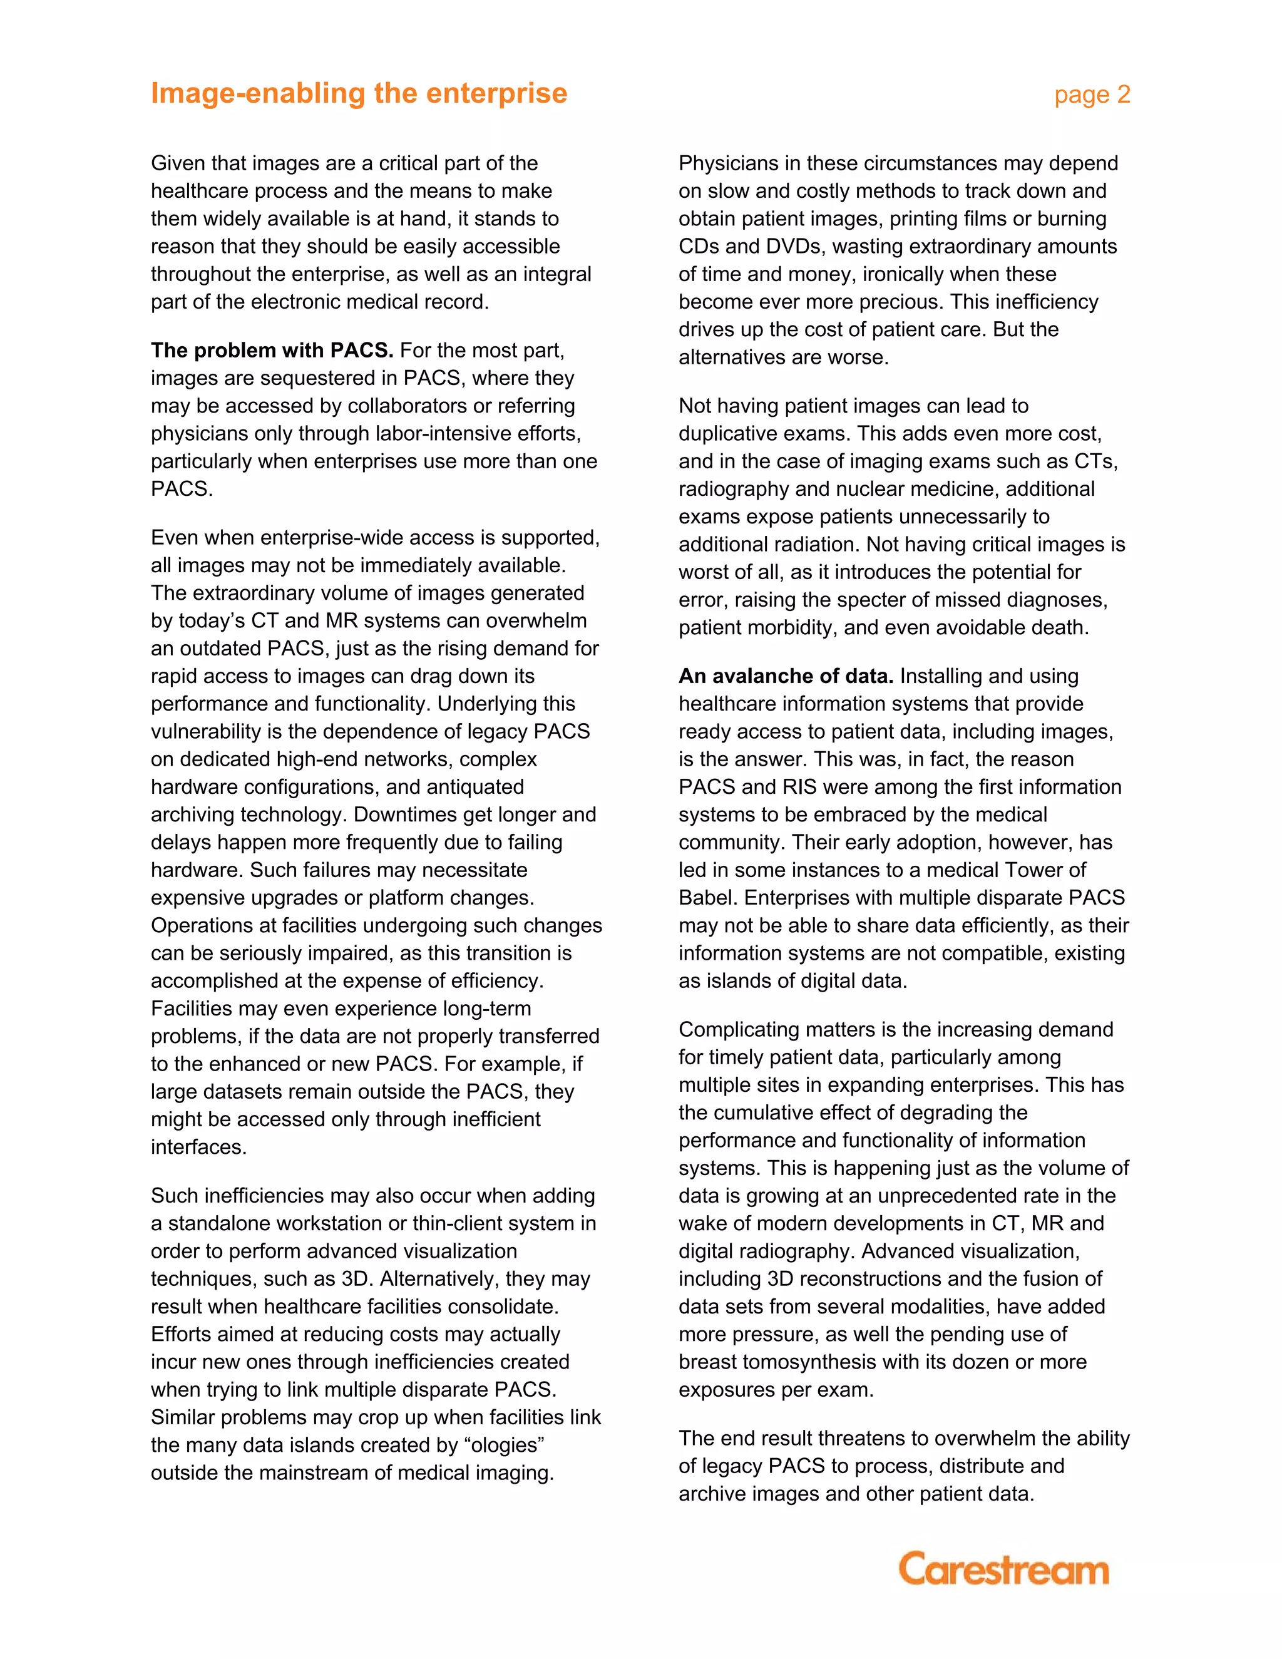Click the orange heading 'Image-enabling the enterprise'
click(359, 93)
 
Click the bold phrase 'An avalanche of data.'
click(786, 676)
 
